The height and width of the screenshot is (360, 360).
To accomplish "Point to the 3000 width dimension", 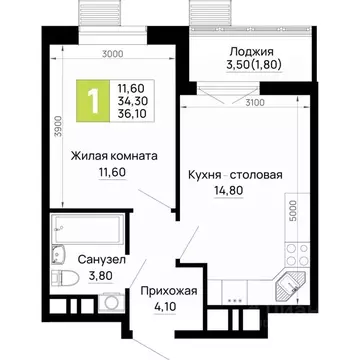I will tap(112, 55).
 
